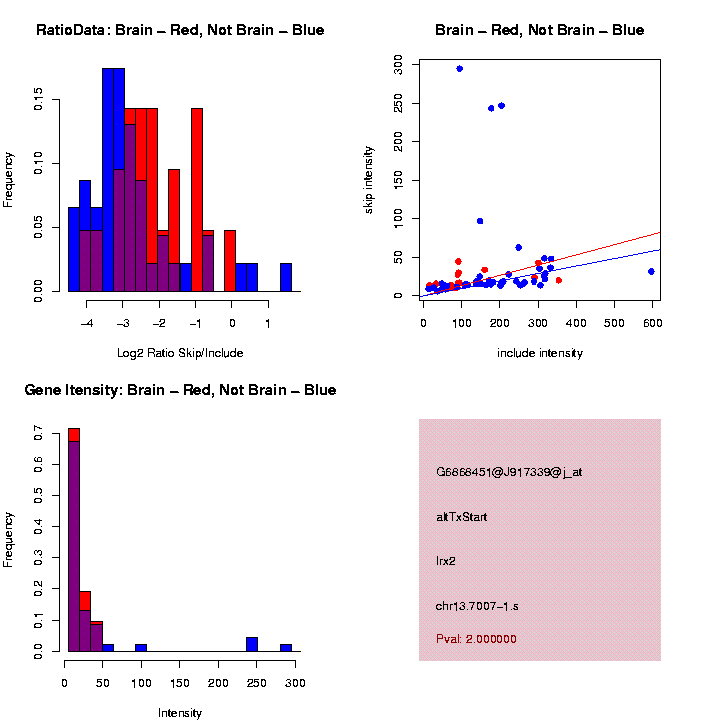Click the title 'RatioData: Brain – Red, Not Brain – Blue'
click(x=180, y=30)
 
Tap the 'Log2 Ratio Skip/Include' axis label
click(x=180, y=353)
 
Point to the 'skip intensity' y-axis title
click(x=369, y=178)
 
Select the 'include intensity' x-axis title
click(x=540, y=353)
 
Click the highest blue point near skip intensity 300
click(x=459, y=68)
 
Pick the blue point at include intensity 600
click(x=651, y=271)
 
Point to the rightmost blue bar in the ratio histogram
click(x=286, y=277)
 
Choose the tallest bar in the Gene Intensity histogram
click(x=73, y=540)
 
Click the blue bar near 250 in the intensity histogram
click(x=252, y=644)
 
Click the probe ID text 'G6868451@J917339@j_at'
click(x=509, y=472)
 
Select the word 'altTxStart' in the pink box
click(x=462, y=517)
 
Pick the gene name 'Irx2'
click(x=446, y=561)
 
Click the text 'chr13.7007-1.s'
click(x=477, y=606)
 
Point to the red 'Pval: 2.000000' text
click(x=476, y=638)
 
